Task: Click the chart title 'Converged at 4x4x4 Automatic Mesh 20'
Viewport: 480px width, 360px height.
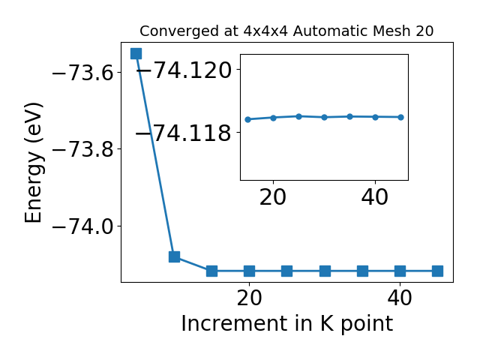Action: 286,31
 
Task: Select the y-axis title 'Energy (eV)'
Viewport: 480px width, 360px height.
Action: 34,162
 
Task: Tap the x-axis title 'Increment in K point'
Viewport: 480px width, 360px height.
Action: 286,323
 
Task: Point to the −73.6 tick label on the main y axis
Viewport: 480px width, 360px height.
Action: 81,73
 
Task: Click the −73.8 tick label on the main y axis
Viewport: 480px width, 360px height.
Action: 81,149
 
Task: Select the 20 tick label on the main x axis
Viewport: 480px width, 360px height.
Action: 249,298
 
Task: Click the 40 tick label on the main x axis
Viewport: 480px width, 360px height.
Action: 400,298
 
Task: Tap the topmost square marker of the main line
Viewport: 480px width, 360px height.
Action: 136,53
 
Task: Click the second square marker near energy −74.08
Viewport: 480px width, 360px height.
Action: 174,256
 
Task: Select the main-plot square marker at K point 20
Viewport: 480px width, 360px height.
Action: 249,271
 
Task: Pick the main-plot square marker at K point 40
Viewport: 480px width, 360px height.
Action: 400,271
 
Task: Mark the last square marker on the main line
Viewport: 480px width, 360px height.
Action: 437,271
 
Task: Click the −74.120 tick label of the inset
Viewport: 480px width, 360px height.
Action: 183,70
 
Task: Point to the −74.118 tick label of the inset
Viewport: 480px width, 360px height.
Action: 183,133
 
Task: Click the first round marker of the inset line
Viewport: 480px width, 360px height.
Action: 247,119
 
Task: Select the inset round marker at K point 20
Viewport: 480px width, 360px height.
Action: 273,118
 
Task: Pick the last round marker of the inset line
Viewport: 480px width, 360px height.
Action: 400,117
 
